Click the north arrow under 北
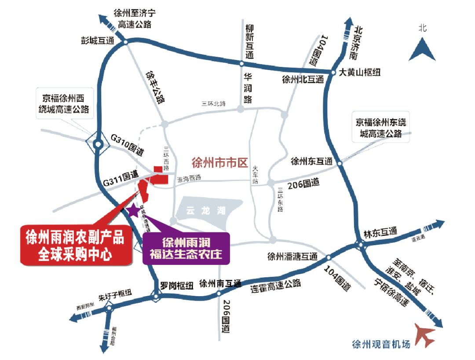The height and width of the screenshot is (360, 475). pyautogui.click(x=422, y=49)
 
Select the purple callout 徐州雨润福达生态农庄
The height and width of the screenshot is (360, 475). pyautogui.click(x=187, y=248)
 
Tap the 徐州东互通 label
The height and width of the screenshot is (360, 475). pyautogui.click(x=312, y=161)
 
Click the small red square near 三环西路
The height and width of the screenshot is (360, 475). pyautogui.click(x=157, y=169)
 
